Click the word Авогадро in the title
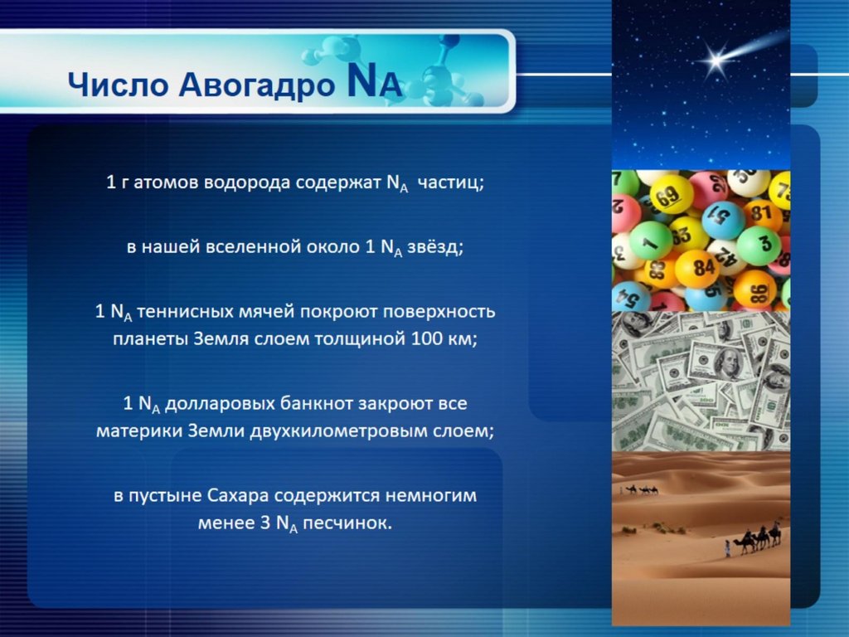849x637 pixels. (257, 85)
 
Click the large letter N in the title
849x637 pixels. (361, 80)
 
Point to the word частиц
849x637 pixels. (450, 182)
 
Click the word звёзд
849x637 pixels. (435, 247)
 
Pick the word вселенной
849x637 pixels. (262, 247)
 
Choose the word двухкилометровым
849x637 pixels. (340, 431)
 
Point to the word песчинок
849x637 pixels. (347, 523)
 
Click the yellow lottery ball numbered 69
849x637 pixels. (671, 196)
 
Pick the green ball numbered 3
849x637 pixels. (759, 245)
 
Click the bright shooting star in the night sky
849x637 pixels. (717, 61)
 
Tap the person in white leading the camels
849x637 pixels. (728, 548)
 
